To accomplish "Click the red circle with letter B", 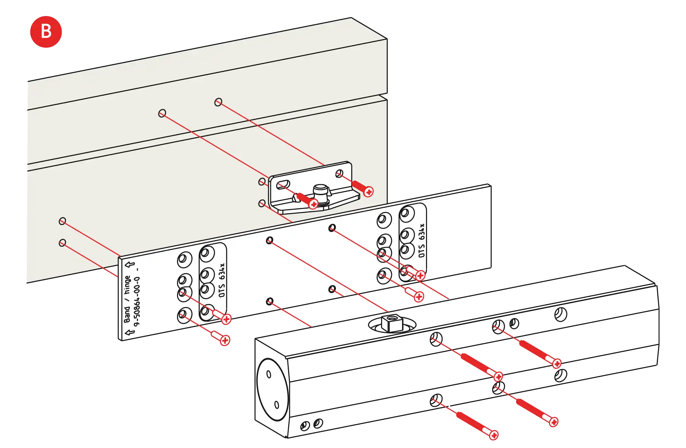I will [x=46, y=32].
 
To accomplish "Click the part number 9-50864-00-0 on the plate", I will [x=137, y=302].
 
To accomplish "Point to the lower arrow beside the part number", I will [x=130, y=332].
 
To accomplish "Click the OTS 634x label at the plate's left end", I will [x=222, y=280].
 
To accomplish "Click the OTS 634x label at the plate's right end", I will [x=422, y=240].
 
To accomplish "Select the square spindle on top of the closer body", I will [x=390, y=322].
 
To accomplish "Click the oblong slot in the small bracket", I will [x=283, y=184].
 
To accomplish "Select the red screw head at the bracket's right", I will [x=368, y=192].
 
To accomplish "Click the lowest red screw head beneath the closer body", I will [x=494, y=435].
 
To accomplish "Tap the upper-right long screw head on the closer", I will [x=557, y=363].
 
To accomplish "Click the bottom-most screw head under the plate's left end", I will [x=225, y=340].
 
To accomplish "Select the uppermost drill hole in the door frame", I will [x=218, y=102].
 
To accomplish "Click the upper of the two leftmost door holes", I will [x=62, y=221].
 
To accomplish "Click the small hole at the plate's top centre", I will [x=332, y=228].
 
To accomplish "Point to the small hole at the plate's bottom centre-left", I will [x=270, y=302].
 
